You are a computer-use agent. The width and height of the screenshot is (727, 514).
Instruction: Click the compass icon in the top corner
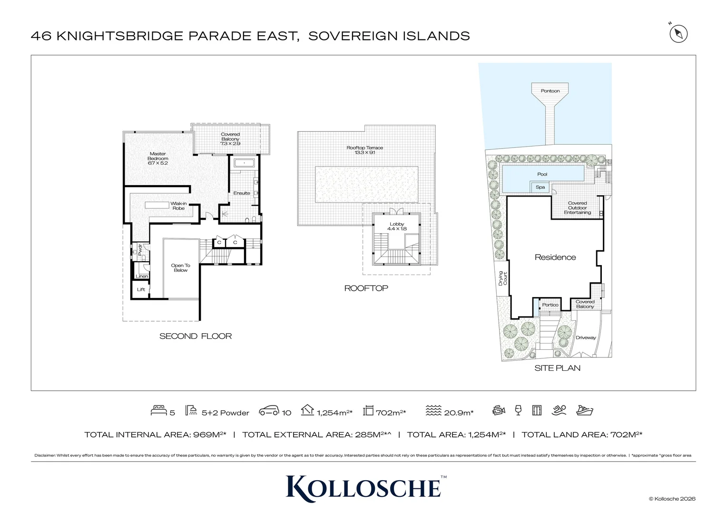[678, 34]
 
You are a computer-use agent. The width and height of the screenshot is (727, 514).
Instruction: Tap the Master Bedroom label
[158, 158]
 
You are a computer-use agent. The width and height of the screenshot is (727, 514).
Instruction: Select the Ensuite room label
[242, 193]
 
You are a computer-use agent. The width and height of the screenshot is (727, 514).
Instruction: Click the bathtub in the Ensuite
[245, 163]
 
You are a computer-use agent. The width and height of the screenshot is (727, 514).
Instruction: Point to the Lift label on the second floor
[141, 289]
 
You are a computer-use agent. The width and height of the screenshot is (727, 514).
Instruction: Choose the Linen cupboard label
[142, 277]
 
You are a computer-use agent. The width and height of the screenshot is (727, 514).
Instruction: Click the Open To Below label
[180, 268]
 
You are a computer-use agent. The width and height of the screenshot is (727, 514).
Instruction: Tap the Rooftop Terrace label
[365, 150]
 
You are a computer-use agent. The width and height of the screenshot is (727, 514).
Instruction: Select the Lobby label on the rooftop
[397, 227]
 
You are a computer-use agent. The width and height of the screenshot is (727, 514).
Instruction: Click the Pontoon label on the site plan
[550, 91]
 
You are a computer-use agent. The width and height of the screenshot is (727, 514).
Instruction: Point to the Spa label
[540, 187]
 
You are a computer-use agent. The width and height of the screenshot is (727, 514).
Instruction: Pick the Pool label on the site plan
[542, 174]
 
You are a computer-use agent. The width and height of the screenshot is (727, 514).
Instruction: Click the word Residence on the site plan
[555, 257]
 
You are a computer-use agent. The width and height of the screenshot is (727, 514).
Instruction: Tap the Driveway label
[586, 338]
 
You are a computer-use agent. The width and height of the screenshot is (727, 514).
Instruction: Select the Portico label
[550, 305]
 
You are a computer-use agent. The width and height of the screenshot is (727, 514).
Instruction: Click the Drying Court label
[502, 278]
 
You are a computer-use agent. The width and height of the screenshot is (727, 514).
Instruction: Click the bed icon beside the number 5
[158, 410]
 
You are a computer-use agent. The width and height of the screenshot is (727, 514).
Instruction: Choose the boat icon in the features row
[585, 410]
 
